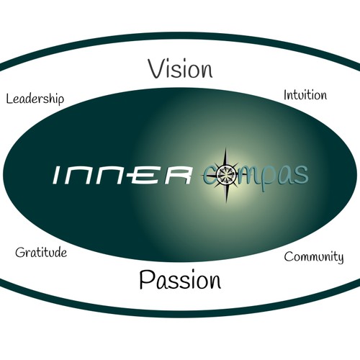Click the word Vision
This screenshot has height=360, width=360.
180,69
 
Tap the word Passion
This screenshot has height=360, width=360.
180,280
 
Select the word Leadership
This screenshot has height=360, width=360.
35,99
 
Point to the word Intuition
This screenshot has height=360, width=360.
305,95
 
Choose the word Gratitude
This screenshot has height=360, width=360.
41,253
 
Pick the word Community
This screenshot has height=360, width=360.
314,257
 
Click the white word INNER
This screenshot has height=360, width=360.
122,175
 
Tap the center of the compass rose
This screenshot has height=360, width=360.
226,175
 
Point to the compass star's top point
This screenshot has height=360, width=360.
226,148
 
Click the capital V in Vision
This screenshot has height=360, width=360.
158,69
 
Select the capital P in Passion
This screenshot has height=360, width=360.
146,279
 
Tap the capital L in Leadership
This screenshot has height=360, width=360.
9,99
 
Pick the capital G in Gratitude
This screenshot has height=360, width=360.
20,253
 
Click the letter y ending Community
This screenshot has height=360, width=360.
340,258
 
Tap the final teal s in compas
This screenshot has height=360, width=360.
302,174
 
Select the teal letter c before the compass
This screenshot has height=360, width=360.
210,175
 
